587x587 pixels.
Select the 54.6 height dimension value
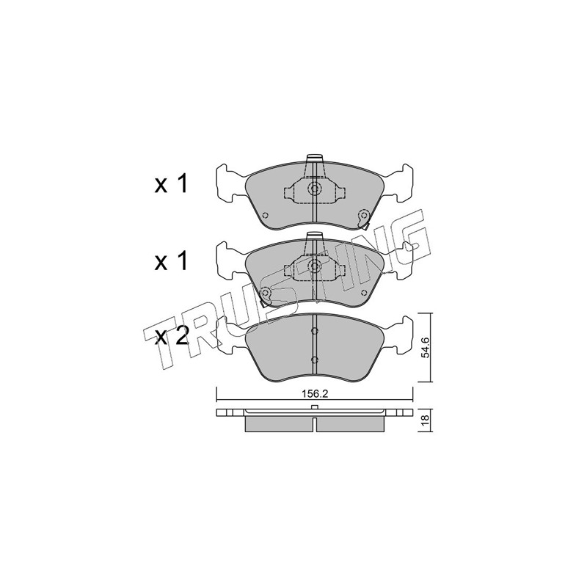[425, 347]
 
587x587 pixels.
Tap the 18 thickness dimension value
[425, 420]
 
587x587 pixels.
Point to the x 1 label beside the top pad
[171, 184]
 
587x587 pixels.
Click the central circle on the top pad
[314, 189]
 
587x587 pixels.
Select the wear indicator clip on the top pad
[363, 219]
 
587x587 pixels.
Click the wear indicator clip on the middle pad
[265, 296]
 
